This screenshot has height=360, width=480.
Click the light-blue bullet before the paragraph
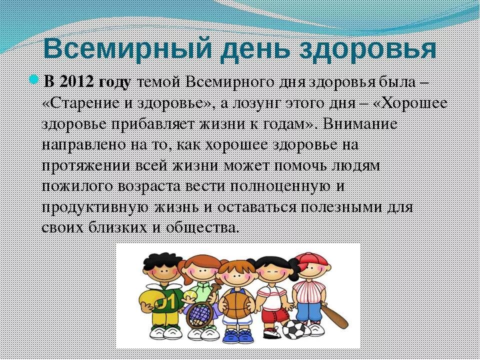(34, 79)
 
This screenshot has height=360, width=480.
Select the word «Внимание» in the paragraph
(360, 124)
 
